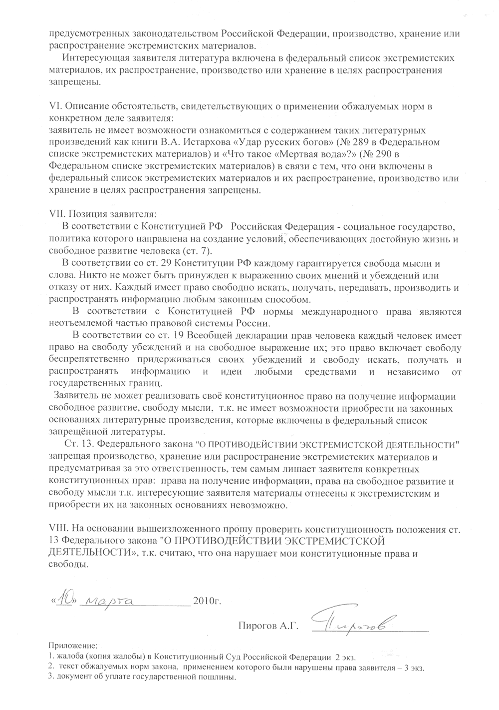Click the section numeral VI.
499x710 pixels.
point(55,106)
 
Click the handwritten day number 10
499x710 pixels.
point(64,600)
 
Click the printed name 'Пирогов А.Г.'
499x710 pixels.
point(268,625)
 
